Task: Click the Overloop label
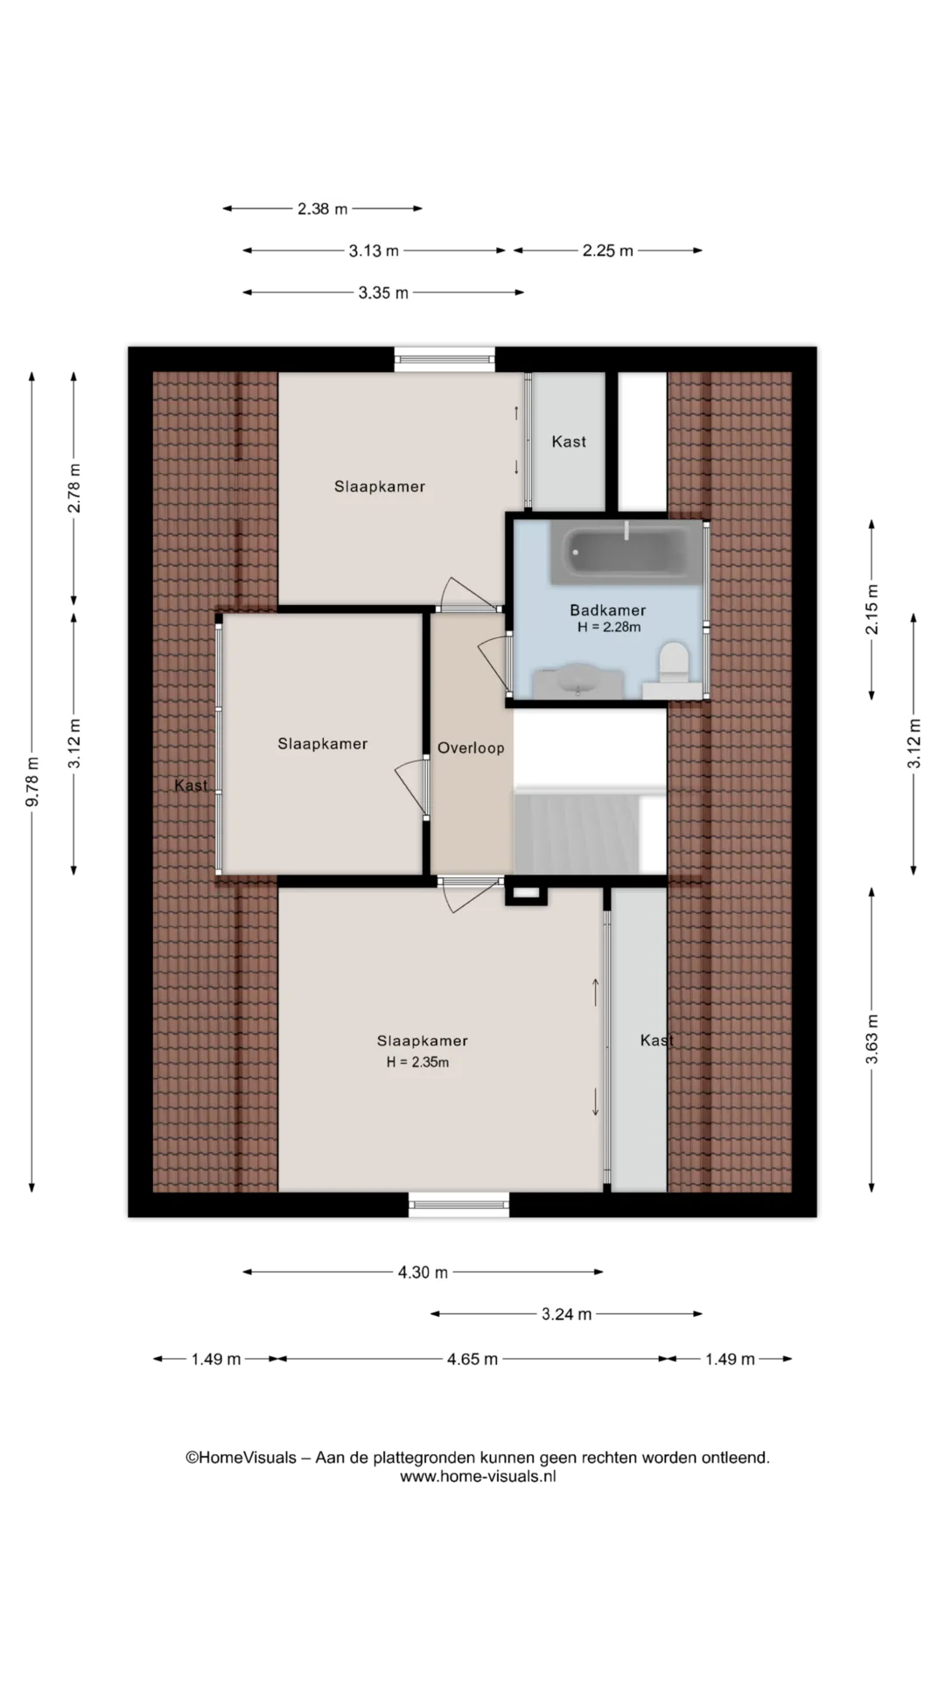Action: coord(471,748)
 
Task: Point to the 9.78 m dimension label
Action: coord(32,781)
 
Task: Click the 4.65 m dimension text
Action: coord(472,1359)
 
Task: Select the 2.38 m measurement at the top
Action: coord(322,208)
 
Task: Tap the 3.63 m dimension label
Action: coord(871,1039)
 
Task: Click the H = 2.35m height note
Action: coord(418,1062)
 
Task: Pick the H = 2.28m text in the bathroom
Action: coord(609,627)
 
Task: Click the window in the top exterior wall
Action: coord(444,359)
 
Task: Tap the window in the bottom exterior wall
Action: coord(458,1205)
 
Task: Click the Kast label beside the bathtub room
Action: coord(569,441)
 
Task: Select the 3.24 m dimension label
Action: coord(567,1313)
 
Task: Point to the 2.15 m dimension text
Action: coord(871,609)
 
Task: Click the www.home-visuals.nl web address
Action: coord(478,1476)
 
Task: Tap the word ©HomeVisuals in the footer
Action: coord(241,1458)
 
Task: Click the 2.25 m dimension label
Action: coord(608,250)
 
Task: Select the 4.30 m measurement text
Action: coord(423,1272)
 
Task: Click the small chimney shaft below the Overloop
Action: coord(526,894)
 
